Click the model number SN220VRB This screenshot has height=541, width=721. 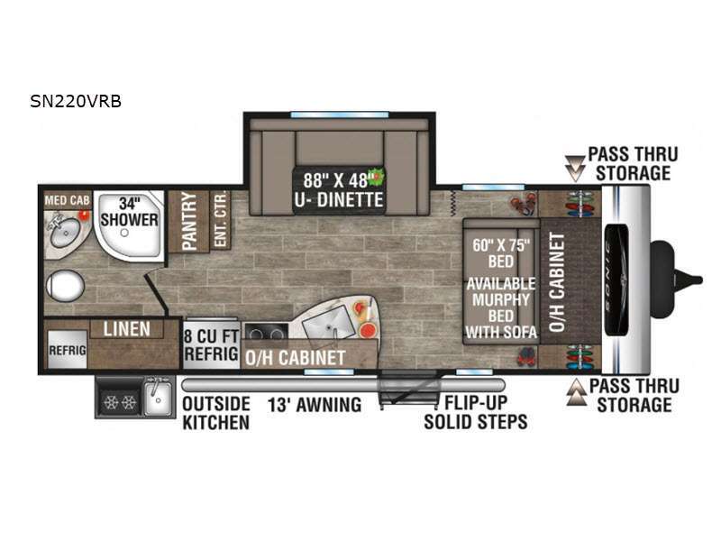point(76,101)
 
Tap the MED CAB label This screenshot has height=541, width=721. point(67,200)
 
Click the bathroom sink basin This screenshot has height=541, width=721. point(65,233)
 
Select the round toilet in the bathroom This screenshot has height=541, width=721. point(65,286)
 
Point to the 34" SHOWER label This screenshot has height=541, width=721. point(129,212)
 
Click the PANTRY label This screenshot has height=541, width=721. point(189,221)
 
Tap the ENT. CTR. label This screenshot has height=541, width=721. point(220,219)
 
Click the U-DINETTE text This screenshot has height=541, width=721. point(339,200)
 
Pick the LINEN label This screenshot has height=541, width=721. point(126,329)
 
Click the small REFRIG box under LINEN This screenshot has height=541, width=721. point(67,350)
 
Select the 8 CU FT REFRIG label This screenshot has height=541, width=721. point(212,345)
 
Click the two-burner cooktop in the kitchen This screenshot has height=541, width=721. point(266,332)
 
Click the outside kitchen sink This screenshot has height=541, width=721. point(158,398)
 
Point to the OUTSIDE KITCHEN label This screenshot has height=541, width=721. point(216,413)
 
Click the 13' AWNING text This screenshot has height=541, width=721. point(315,405)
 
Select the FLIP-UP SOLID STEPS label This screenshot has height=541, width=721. point(476,412)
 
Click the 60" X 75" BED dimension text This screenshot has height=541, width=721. point(501,253)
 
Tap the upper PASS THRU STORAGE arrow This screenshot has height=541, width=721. point(575,168)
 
